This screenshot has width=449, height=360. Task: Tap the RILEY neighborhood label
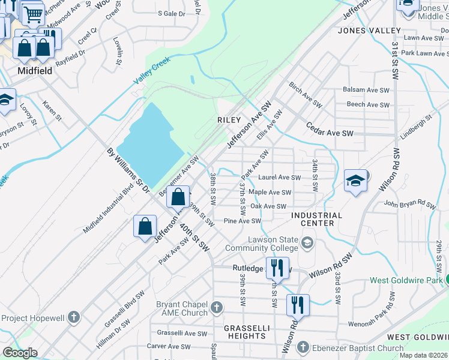click(x=229, y=120)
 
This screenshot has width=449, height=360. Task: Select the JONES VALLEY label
click(x=369, y=30)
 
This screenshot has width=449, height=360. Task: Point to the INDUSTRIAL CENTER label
click(x=317, y=219)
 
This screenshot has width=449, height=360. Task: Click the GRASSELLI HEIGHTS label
click(x=247, y=332)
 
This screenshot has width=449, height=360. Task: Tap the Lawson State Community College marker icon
click(x=307, y=242)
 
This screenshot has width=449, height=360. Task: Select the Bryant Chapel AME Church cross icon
click(x=217, y=308)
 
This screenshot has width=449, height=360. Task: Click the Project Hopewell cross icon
click(x=73, y=317)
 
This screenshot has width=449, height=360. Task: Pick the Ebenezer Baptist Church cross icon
click(x=303, y=348)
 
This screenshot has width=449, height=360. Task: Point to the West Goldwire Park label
click(x=405, y=280)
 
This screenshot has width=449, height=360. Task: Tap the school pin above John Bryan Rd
click(x=355, y=179)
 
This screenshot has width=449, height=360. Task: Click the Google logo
click(x=20, y=353)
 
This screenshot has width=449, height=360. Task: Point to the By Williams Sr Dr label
click(x=128, y=172)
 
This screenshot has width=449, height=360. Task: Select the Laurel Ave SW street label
click(x=279, y=178)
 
